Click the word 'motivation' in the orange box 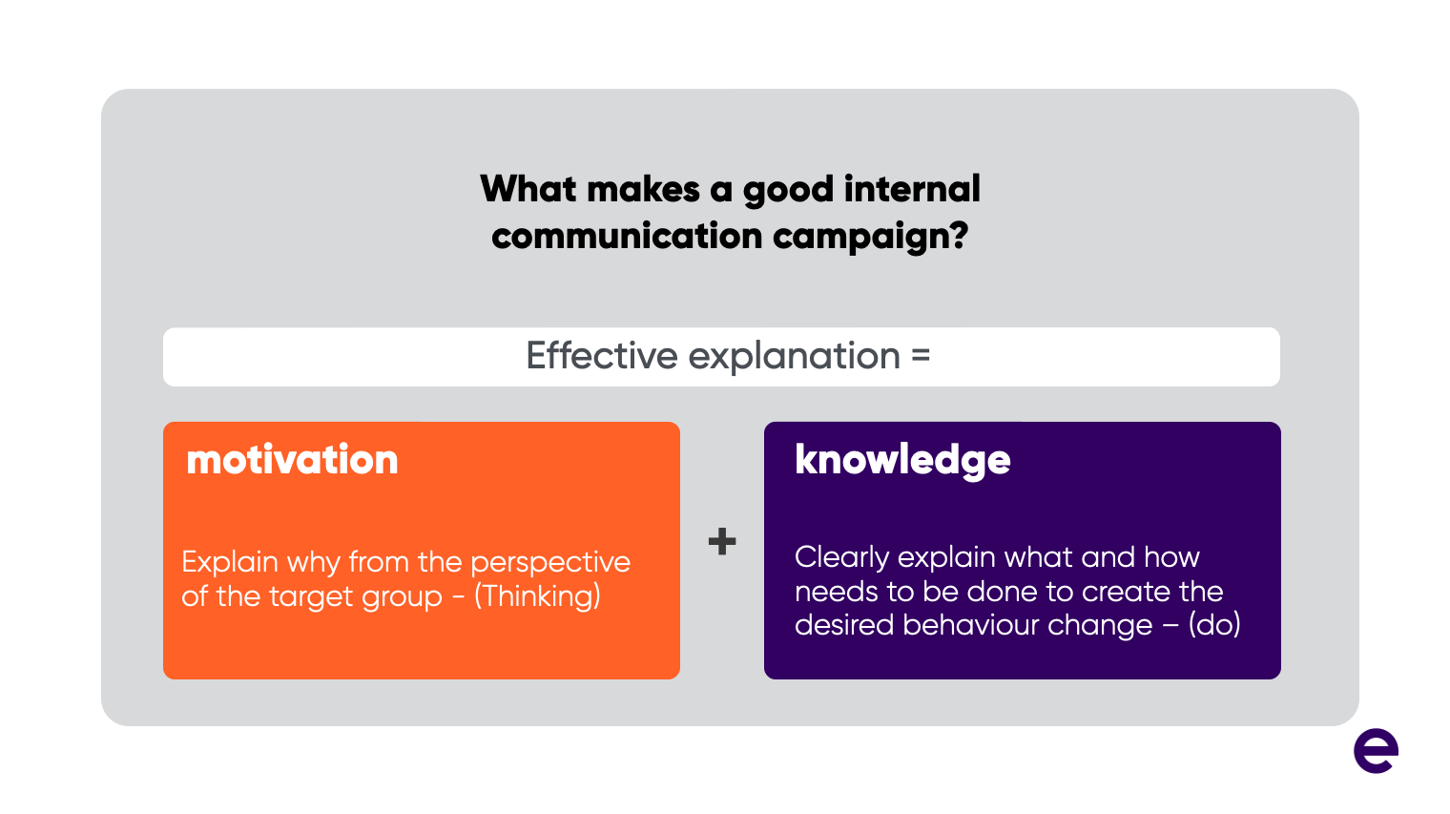[x=292, y=459]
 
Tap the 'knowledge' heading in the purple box [x=902, y=461]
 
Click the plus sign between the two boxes [x=722, y=541]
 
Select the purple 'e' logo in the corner [x=1376, y=750]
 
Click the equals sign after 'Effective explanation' [x=921, y=355]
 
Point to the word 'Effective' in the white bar [x=601, y=356]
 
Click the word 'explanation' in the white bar [x=794, y=358]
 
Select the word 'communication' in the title [x=627, y=236]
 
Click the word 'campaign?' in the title [x=871, y=237]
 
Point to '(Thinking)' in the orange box [x=537, y=596]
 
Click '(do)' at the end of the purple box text [x=1214, y=625]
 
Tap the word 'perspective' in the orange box [x=550, y=563]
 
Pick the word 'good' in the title [x=788, y=191]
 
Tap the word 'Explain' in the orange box [x=229, y=563]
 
